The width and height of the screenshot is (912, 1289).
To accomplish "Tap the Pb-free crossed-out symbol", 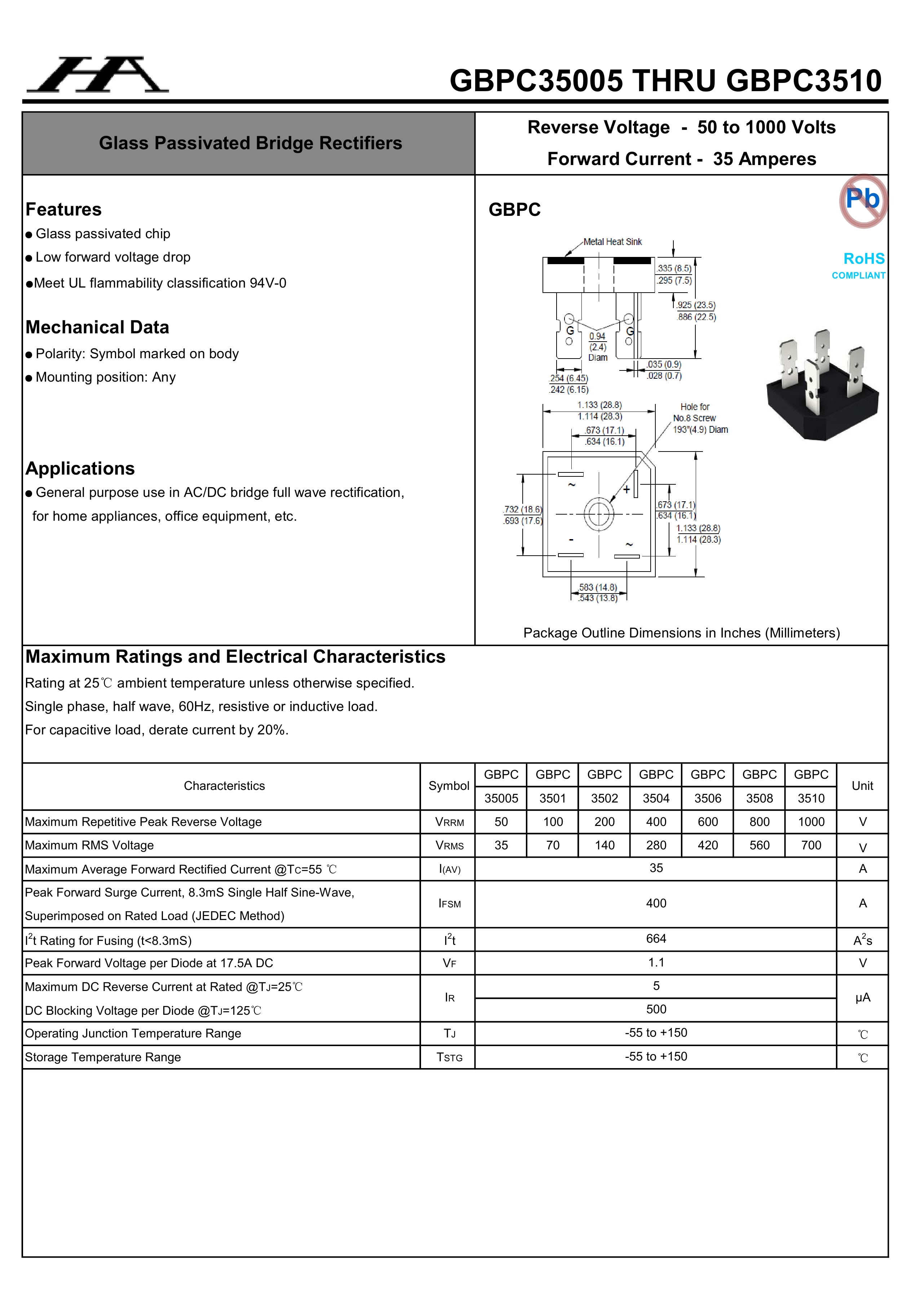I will click(x=863, y=200).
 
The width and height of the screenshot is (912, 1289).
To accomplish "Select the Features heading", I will click(x=63, y=209).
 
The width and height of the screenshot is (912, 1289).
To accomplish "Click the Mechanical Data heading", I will click(x=97, y=327).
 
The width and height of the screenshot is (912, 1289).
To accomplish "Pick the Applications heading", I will click(x=80, y=468).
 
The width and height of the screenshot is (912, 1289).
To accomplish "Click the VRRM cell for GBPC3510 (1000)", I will click(x=811, y=822).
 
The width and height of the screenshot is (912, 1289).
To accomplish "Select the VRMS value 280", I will click(x=656, y=845).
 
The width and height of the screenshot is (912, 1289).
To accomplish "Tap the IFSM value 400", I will click(x=656, y=903).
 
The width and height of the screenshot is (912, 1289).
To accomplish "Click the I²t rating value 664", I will click(x=656, y=939).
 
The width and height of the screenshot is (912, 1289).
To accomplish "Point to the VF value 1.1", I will click(x=656, y=962).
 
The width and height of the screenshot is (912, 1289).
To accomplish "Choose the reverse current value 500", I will click(x=656, y=1009).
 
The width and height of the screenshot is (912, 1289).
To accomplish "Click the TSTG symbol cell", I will click(x=449, y=1057).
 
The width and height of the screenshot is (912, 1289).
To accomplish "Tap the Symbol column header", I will click(x=449, y=786).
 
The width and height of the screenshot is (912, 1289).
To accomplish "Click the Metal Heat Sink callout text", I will click(x=612, y=242).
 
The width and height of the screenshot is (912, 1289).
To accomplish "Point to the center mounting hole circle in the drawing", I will click(x=599, y=514).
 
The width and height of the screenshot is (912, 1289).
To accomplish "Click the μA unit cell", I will click(x=863, y=997).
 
